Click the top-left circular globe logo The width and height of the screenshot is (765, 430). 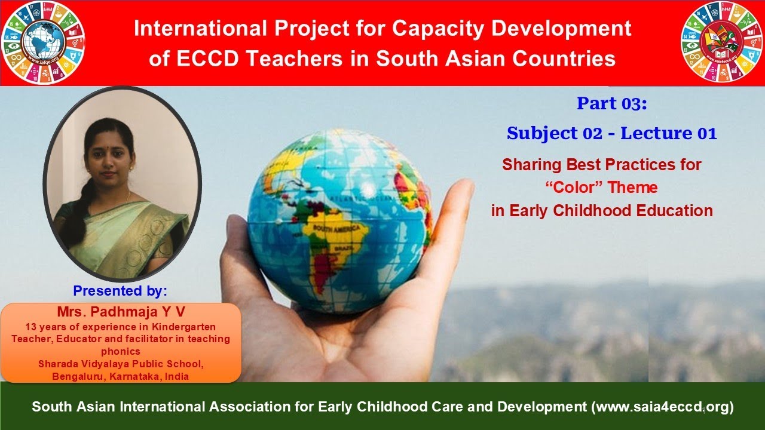click(43, 43)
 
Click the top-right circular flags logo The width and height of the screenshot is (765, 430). click(722, 43)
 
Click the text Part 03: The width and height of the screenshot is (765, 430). click(611, 104)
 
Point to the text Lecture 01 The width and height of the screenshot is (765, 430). click(668, 134)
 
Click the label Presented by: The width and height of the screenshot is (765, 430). click(120, 291)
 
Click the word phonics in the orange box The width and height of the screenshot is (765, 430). click(120, 352)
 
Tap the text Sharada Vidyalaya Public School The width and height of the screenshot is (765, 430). click(120, 364)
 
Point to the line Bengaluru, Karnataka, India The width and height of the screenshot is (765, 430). click(120, 376)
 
